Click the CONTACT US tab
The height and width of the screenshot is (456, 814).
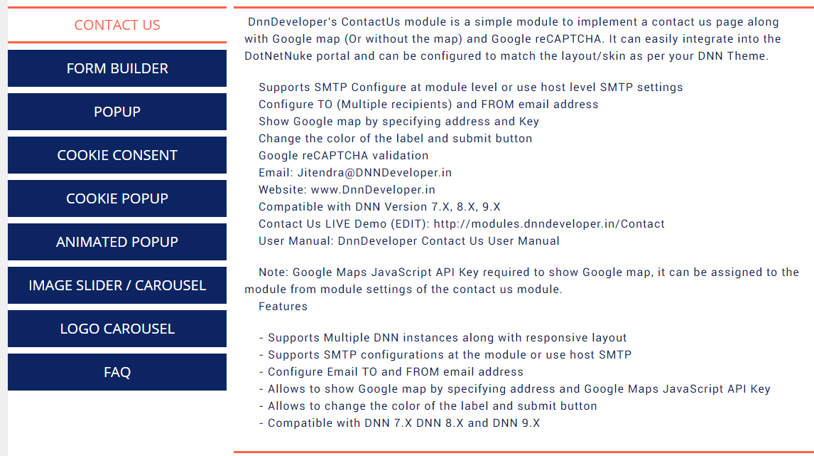[x=117, y=26]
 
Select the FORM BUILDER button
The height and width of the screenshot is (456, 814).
[x=117, y=68]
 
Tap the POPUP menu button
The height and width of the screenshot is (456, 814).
[x=117, y=112]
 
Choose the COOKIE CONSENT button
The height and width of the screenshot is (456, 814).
[x=117, y=155]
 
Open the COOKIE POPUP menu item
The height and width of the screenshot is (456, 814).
[x=117, y=198]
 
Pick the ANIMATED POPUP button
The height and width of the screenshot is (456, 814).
[x=117, y=242]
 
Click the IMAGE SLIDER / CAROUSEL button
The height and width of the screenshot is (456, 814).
[x=117, y=285]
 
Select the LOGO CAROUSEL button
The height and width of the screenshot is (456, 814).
[x=117, y=329]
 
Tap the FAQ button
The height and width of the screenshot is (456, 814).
[x=117, y=372]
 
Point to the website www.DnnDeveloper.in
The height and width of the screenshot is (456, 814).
[x=373, y=190]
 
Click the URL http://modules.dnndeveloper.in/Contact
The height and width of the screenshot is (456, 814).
[x=549, y=224]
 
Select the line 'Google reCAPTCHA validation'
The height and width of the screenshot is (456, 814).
[x=343, y=156]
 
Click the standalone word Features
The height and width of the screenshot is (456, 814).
[x=283, y=307]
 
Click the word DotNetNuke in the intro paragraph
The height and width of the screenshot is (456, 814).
[x=276, y=56]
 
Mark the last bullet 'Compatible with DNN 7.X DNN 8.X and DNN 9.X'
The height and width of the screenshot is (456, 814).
[x=403, y=423]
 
